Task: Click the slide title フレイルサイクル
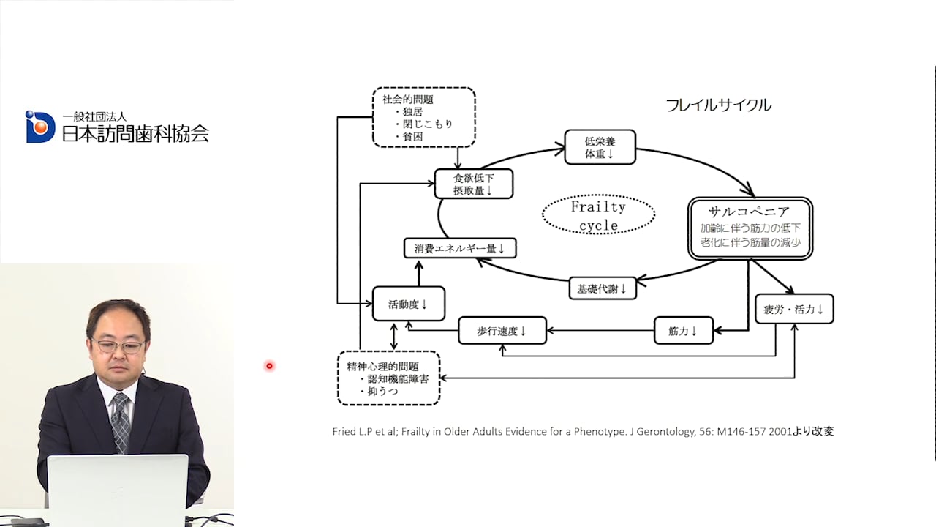coord(718,105)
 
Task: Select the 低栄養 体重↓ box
coord(600,147)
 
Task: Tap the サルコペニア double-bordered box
coord(750,228)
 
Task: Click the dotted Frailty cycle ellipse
coord(598,214)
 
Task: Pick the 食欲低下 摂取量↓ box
coord(474,184)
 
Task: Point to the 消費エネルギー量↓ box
coord(460,248)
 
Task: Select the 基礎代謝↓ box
coord(603,288)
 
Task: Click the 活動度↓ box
coord(409,304)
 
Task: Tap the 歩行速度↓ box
coord(502,330)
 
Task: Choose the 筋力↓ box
coord(683,330)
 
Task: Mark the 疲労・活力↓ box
coord(794,309)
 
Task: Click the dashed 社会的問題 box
coord(423,117)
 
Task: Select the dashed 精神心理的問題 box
coord(388,378)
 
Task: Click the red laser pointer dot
coord(270,366)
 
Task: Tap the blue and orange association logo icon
coord(39,127)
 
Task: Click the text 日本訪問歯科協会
coord(135,133)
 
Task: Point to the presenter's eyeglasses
coord(118,346)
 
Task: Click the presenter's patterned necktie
coord(121,422)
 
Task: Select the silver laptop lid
coord(118,490)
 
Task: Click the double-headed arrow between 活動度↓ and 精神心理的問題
coord(393,336)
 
